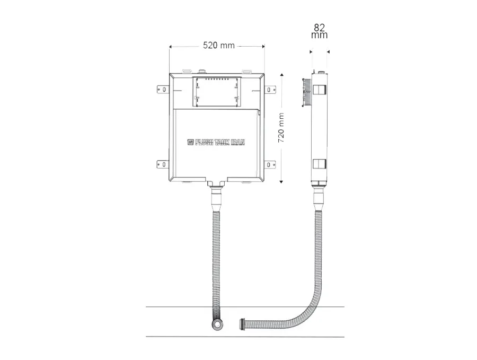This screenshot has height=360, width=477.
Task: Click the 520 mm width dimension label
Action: click(x=219, y=46)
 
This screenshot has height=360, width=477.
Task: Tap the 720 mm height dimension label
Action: click(x=281, y=128)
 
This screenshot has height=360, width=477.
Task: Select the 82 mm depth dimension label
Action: click(x=320, y=31)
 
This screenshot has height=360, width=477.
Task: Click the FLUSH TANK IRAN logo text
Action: click(x=216, y=143)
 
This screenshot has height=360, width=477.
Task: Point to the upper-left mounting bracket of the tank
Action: click(x=163, y=90)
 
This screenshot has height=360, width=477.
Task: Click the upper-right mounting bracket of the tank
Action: click(x=270, y=90)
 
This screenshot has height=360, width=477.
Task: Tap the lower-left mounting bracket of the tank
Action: click(x=163, y=164)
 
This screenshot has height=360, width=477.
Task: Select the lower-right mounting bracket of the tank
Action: click(x=270, y=165)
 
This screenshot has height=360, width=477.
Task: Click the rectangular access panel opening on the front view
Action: click(x=217, y=92)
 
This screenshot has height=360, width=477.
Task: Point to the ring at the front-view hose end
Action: click(x=217, y=324)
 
